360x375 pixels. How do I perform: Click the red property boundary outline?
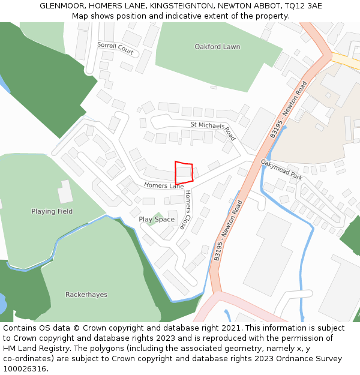pos(184,173)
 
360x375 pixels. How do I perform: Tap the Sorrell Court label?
pos(116,49)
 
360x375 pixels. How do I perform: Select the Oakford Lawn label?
pos(217,47)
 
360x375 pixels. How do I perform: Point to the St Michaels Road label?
pos(214,130)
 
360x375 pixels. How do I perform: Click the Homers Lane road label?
pos(164,186)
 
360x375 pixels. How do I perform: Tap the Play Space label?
pos(157,220)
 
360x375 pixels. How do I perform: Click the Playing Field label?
pos(52,211)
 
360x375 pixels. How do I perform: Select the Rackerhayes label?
pos(86,295)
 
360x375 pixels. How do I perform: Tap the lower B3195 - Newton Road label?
pos(227,230)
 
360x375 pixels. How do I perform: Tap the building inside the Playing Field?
pos(65,191)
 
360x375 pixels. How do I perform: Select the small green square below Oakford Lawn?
pos(213,87)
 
